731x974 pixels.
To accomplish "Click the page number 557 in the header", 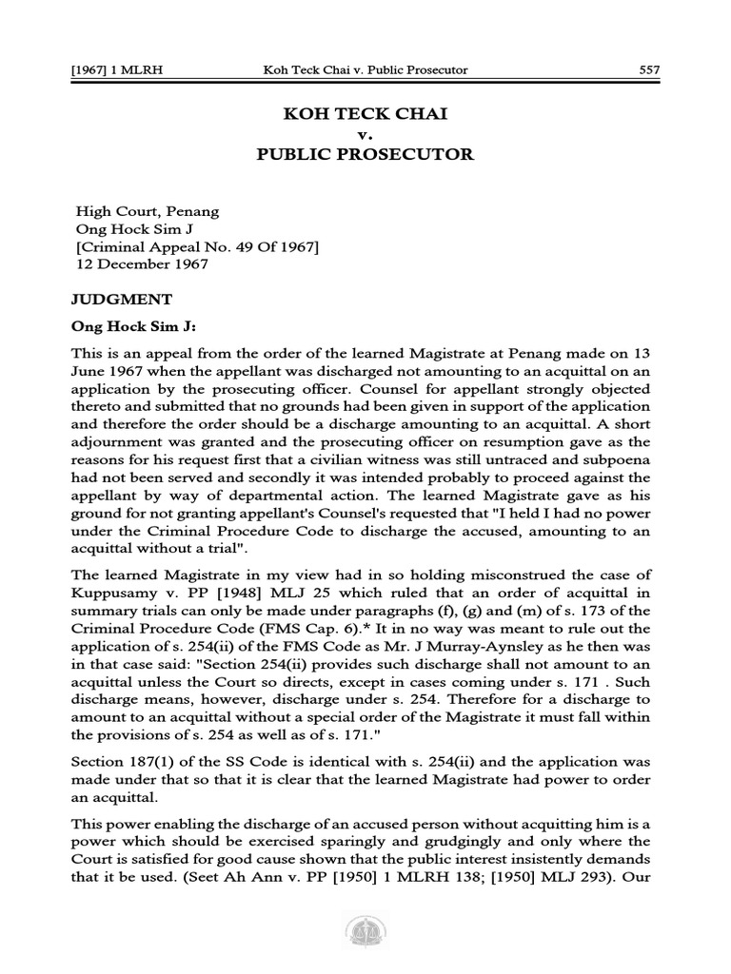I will pos(643,69).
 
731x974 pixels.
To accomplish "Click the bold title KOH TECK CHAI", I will pos(365,113).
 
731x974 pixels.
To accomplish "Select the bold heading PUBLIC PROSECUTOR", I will pos(365,154).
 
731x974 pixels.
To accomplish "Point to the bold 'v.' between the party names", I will pos(365,134).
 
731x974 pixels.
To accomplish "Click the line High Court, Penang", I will pos(147,210).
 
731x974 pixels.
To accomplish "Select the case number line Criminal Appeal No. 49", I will pos(197,246).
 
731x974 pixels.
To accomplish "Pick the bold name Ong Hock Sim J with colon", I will pos(133,327).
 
